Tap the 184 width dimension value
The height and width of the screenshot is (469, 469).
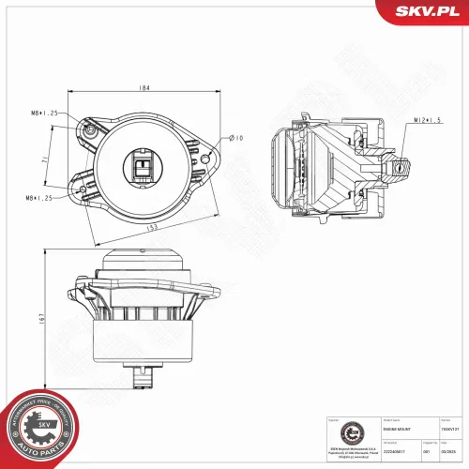pos(146,88)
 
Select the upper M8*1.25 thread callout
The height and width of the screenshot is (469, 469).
pos(42,113)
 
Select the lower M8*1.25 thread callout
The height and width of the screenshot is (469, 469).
pos(42,198)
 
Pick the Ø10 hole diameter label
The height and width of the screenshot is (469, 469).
pos(237,138)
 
